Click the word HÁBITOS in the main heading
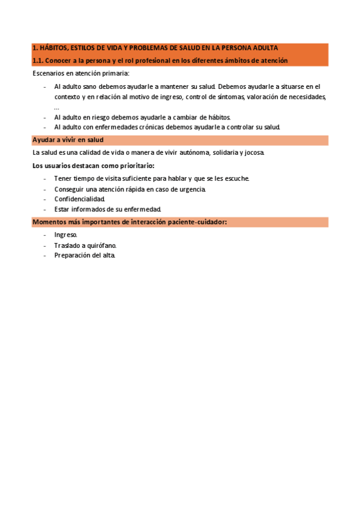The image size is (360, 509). coord(53,48)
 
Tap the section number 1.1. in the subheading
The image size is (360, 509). coord(38,61)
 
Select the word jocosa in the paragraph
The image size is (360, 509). coord(251,153)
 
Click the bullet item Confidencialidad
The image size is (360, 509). coord(79,199)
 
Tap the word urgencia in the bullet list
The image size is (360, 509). coord(191,189)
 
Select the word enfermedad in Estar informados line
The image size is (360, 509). coord(143,209)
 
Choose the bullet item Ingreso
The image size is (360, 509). coord(65,235)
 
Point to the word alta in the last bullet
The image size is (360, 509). coord(108,256)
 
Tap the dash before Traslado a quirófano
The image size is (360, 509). coord(46,245)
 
